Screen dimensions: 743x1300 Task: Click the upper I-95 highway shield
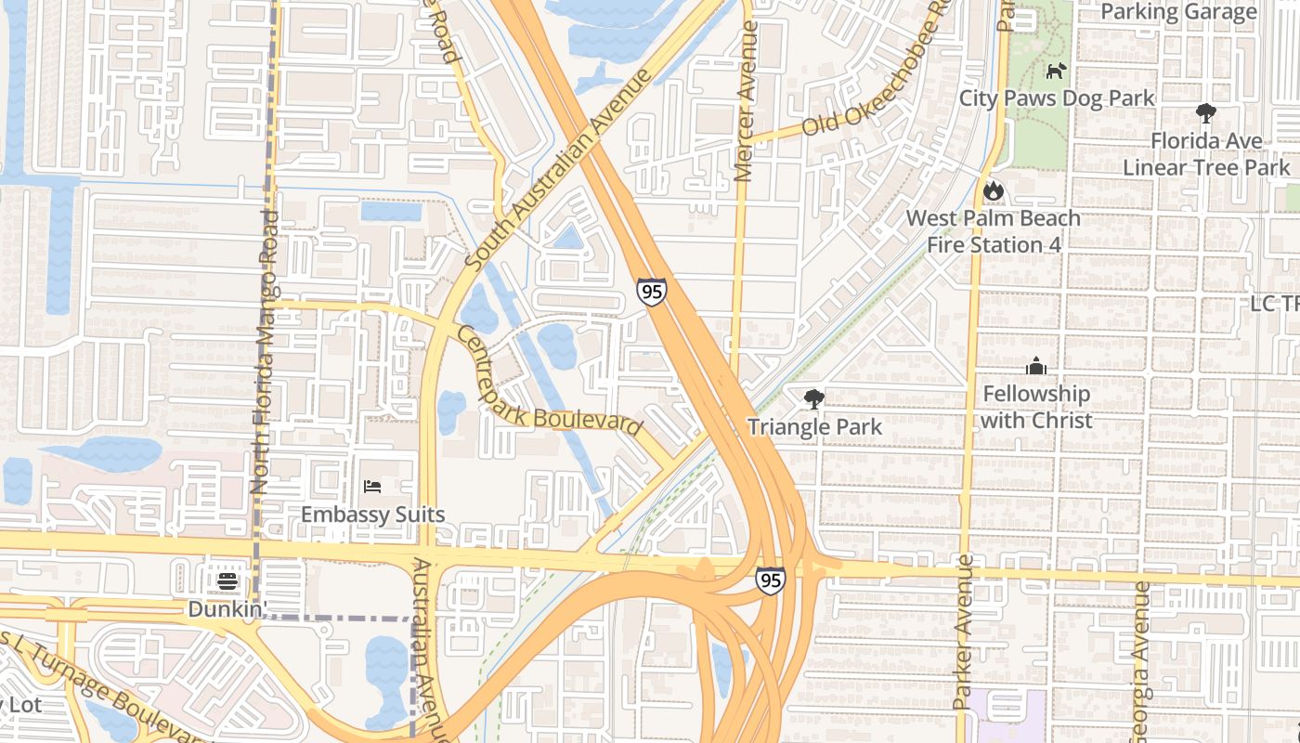pyautogui.click(x=651, y=291)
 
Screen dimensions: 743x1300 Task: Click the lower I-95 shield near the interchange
pyautogui.click(x=770, y=580)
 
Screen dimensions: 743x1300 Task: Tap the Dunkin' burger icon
pyautogui.click(x=227, y=582)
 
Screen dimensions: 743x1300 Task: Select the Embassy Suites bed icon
pyautogui.click(x=372, y=487)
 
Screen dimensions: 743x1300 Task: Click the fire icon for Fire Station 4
pyautogui.click(x=993, y=191)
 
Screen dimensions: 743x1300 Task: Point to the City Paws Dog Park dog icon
pyautogui.click(x=1056, y=71)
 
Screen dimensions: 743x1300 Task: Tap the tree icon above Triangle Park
pyautogui.click(x=814, y=399)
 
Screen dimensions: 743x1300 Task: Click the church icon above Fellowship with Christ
pyautogui.click(x=1036, y=366)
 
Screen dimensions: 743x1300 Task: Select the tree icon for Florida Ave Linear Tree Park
pyautogui.click(x=1205, y=113)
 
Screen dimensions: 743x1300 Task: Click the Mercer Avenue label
pyautogui.click(x=746, y=102)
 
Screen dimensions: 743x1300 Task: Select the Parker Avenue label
pyautogui.click(x=963, y=632)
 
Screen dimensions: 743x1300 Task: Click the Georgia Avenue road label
pyautogui.click(x=1140, y=661)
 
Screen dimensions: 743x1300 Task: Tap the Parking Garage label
pyautogui.click(x=1178, y=12)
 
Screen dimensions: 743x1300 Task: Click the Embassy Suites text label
pyautogui.click(x=372, y=515)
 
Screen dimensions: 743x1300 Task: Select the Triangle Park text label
pyautogui.click(x=814, y=427)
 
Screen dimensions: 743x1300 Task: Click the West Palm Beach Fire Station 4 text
pyautogui.click(x=993, y=231)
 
